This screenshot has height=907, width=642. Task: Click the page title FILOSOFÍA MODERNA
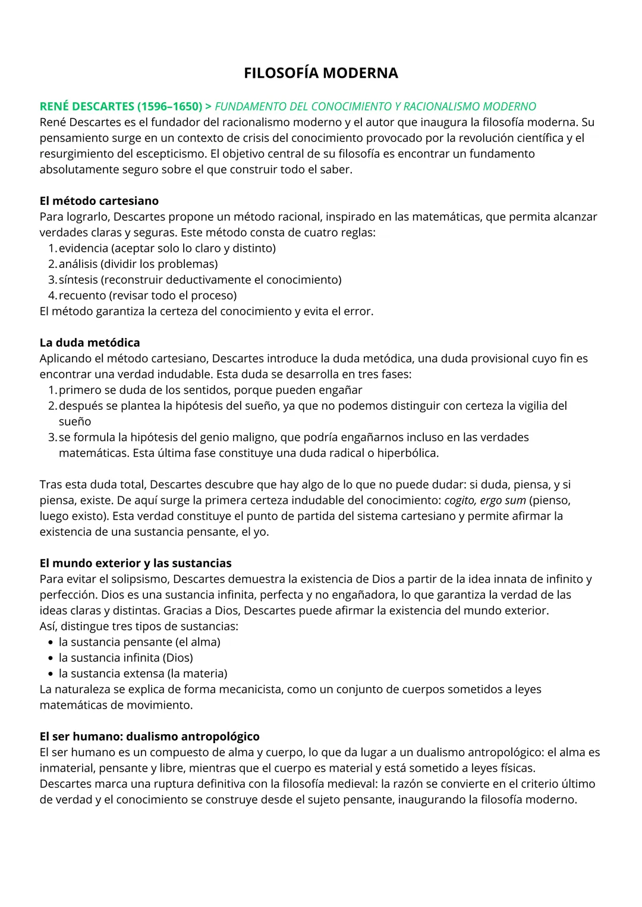[321, 73]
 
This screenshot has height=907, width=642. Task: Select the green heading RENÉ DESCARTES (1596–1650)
[121, 106]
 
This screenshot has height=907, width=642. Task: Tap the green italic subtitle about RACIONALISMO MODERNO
[375, 106]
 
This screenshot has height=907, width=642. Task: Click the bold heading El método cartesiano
[99, 201]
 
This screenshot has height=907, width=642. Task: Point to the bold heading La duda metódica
[90, 343]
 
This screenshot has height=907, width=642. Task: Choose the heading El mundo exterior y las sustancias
[136, 563]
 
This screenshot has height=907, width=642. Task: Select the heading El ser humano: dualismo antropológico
[149, 737]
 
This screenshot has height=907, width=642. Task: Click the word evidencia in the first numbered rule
[83, 248]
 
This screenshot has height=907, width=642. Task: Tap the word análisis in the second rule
[80, 264]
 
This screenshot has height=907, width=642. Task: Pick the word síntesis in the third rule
[78, 280]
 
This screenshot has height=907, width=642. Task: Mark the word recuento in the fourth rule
[82, 295]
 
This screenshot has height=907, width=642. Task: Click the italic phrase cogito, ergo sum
[485, 500]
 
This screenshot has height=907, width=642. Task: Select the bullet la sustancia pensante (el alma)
[139, 642]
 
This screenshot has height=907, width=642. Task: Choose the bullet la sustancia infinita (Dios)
[125, 658]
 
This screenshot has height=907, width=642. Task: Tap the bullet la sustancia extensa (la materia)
[143, 674]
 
